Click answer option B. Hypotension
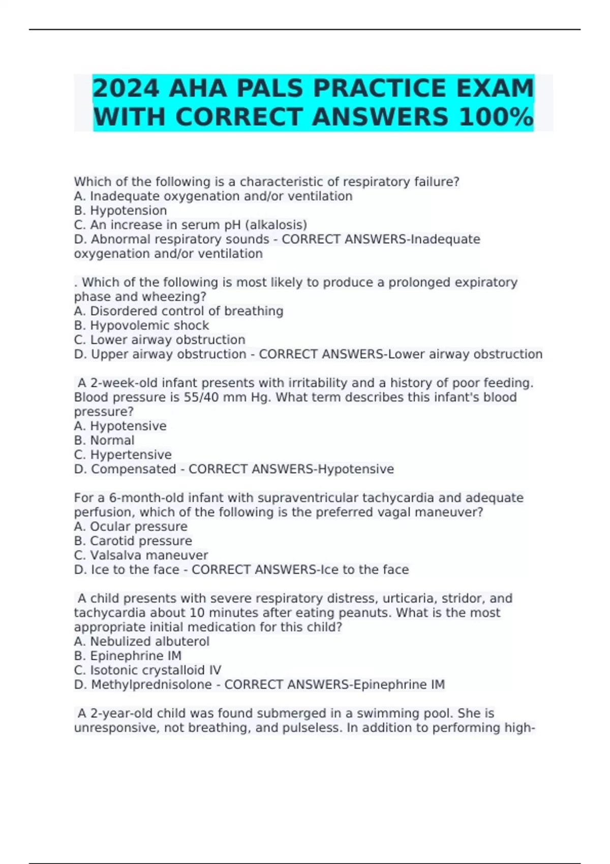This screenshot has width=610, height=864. [120, 210]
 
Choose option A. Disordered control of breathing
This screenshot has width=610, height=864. [178, 311]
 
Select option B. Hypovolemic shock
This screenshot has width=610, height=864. [141, 325]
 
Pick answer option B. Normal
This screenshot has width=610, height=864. [104, 440]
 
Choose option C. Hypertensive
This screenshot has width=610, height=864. [123, 454]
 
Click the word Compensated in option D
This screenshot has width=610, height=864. [133, 469]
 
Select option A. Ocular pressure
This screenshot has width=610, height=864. [131, 527]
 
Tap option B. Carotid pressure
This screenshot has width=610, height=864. [133, 541]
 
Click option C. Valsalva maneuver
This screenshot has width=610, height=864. [141, 555]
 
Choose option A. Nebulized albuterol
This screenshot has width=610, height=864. [141, 641]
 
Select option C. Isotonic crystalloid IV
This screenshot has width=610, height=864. [147, 670]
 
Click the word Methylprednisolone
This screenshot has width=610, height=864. [151, 685]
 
